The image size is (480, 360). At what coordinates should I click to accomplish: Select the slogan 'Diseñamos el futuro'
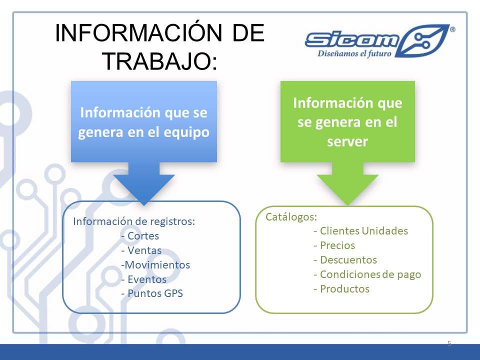point(354,53)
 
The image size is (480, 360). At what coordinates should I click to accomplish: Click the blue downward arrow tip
point(144,204)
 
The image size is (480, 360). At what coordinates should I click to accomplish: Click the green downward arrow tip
point(348,204)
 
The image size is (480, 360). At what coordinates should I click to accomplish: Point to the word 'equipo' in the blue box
point(186,132)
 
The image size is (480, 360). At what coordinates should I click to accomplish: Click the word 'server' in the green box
point(347,141)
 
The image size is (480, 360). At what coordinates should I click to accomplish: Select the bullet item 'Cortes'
point(140,235)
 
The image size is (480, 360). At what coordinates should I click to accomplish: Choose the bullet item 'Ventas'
point(141,250)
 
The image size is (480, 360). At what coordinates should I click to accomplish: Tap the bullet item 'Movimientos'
point(155,265)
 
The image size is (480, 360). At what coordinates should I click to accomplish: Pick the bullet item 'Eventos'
point(144,279)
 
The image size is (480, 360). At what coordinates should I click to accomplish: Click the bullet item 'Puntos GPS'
point(152,293)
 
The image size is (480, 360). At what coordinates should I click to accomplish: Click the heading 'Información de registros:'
point(134,221)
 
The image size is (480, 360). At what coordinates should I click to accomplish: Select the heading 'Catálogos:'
point(291,216)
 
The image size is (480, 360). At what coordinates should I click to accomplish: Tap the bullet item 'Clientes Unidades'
point(361,231)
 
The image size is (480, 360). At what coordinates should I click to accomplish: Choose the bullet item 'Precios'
point(334,245)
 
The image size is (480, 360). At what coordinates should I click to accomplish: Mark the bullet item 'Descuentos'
point(345,260)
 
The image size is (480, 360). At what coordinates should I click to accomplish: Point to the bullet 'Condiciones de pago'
point(367,274)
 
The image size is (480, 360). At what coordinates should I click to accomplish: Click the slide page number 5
point(449,343)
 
